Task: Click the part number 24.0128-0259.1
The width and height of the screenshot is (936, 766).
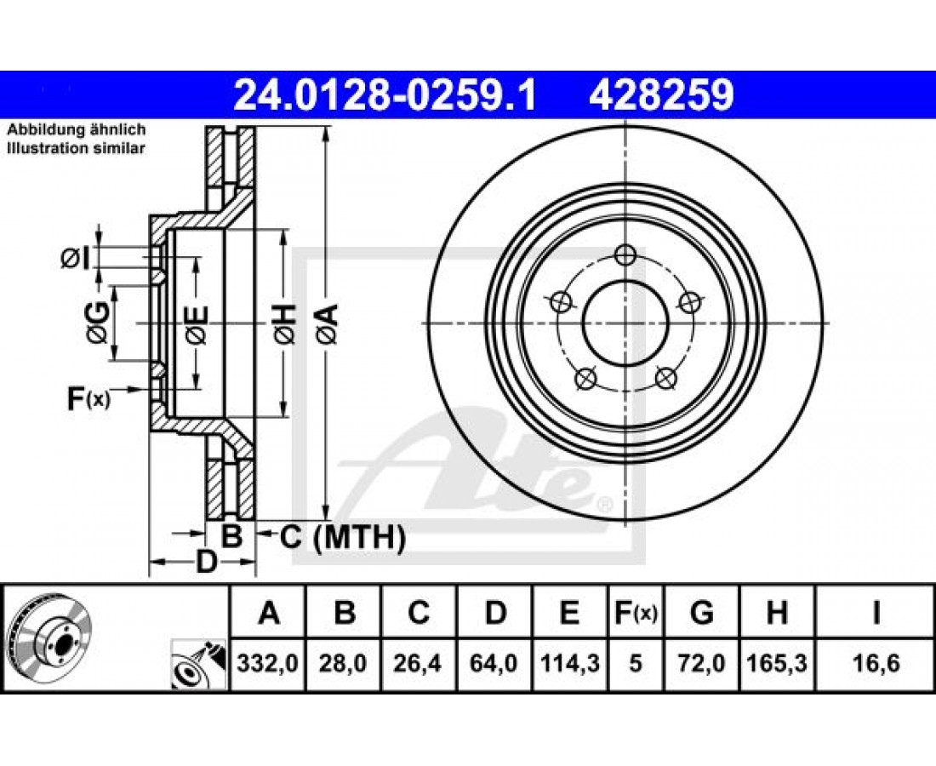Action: pyautogui.click(x=385, y=95)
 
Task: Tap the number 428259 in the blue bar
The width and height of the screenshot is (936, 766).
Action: pyautogui.click(x=661, y=95)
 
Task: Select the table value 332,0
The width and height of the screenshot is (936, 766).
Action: pyautogui.click(x=267, y=663)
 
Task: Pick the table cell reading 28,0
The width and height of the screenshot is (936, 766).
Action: pyautogui.click(x=343, y=663)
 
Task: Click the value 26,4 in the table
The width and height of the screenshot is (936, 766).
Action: pyautogui.click(x=418, y=663)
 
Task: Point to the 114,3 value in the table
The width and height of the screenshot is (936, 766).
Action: pyautogui.click(x=569, y=663)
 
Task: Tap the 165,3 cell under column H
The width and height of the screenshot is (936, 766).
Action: pyautogui.click(x=777, y=663)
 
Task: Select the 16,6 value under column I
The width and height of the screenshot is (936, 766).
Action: pyautogui.click(x=875, y=663)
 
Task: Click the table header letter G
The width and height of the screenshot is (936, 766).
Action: pyautogui.click(x=701, y=613)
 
